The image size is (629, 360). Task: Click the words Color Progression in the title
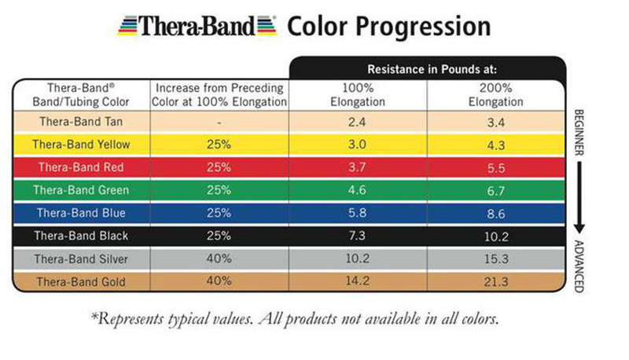tap(389, 27)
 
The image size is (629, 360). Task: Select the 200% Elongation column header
tap(495, 95)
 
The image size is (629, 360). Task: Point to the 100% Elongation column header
tap(359, 95)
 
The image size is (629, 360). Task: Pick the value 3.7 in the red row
tap(359, 167)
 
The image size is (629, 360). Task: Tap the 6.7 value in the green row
tap(495, 190)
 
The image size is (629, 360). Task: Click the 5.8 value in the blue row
tap(359, 213)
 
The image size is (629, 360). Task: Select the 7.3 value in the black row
tap(359, 236)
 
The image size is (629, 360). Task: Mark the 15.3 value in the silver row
tap(495, 259)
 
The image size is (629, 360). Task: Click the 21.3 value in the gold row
tap(495, 281)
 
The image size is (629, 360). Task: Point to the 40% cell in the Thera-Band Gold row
tap(220, 281)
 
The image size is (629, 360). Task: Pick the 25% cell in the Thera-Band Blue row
tap(220, 213)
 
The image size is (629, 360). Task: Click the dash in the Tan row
tap(220, 123)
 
